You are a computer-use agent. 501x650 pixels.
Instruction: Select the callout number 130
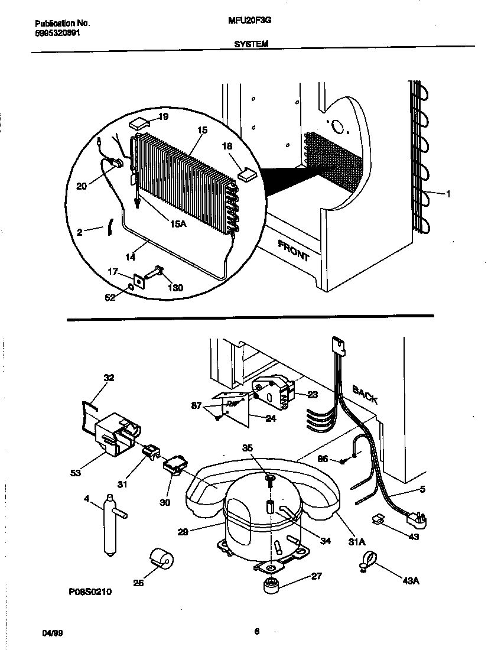(175, 288)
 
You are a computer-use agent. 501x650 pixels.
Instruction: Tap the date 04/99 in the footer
(53, 633)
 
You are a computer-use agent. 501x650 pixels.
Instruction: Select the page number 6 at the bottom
(256, 631)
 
